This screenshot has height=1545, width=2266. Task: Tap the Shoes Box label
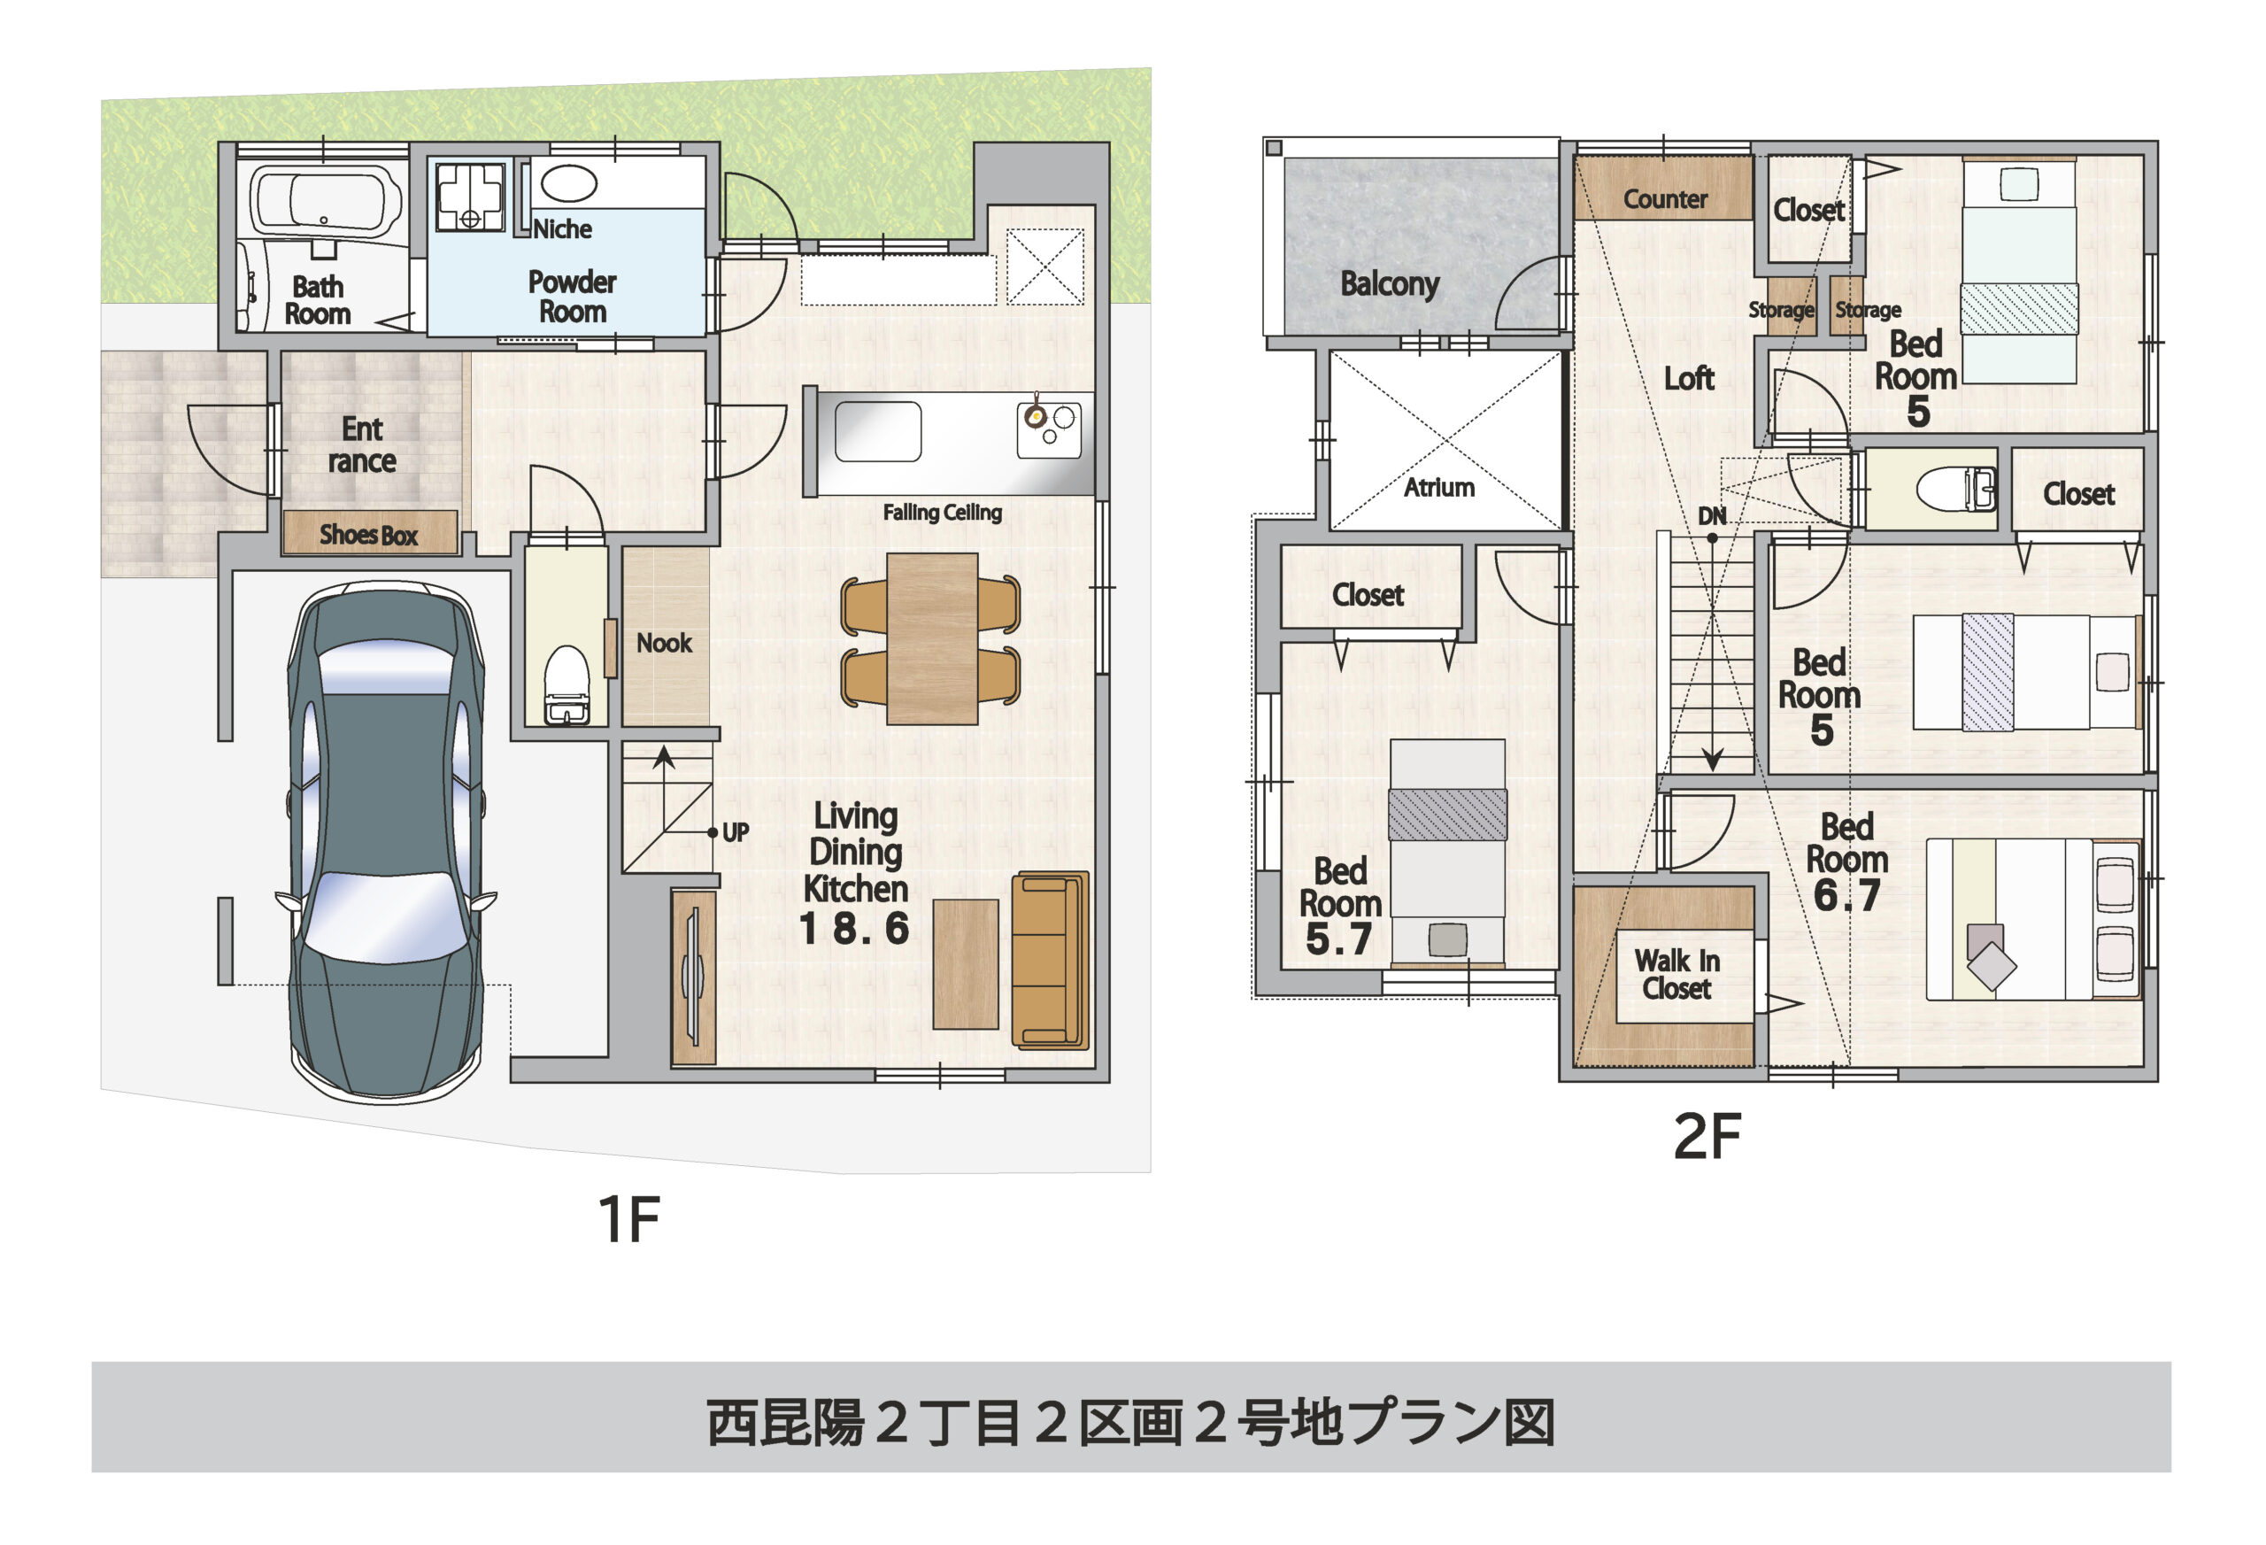[x=368, y=535]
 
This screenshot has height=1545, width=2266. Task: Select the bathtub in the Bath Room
[x=325, y=200]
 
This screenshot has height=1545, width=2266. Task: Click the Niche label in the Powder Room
[x=563, y=229]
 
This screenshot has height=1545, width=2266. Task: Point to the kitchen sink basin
[x=877, y=431]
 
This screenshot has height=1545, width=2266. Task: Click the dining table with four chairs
[x=931, y=639]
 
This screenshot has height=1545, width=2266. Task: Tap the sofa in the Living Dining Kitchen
[x=1048, y=960]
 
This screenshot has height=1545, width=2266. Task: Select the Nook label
[x=664, y=643]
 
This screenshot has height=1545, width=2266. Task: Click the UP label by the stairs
[x=736, y=832]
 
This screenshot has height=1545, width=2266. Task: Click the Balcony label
[x=1389, y=284]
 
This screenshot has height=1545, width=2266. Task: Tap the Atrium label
[x=1438, y=488]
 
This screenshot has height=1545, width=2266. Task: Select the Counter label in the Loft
[x=1664, y=199]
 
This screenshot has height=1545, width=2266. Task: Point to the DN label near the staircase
[x=1711, y=516]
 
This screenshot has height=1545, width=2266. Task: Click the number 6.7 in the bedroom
[x=1846, y=895]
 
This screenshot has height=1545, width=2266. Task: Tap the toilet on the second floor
[x=1956, y=489]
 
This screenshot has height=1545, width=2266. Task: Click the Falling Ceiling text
[x=942, y=512]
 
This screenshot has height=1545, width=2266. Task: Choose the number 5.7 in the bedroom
[x=1337, y=939]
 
